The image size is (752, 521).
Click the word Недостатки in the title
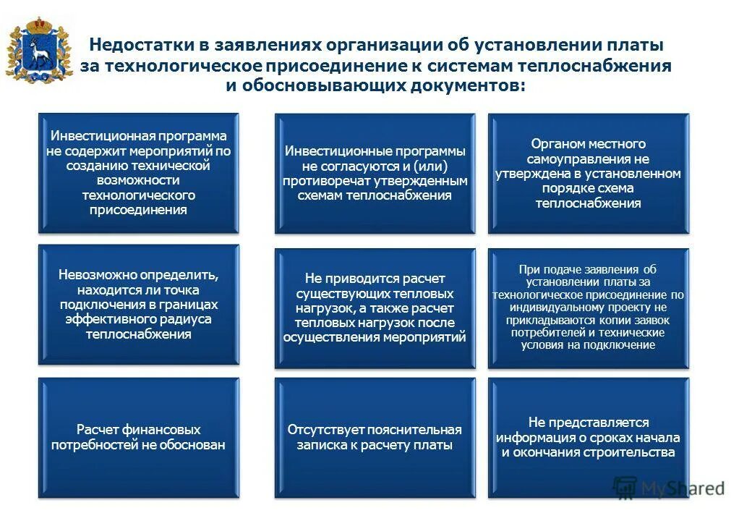tap(138, 45)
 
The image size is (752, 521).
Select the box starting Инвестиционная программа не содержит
tap(138, 173)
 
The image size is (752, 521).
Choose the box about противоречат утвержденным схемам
tap(375, 173)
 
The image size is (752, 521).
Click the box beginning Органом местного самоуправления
tap(588, 173)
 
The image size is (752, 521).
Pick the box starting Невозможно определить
tap(138, 305)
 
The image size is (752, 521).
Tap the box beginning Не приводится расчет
tap(375, 308)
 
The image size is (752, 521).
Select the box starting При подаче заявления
tap(588, 308)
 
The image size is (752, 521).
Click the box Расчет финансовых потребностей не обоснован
tap(138, 437)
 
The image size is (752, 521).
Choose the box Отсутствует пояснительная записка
tap(375, 437)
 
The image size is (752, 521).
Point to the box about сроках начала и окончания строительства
tap(588, 437)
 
